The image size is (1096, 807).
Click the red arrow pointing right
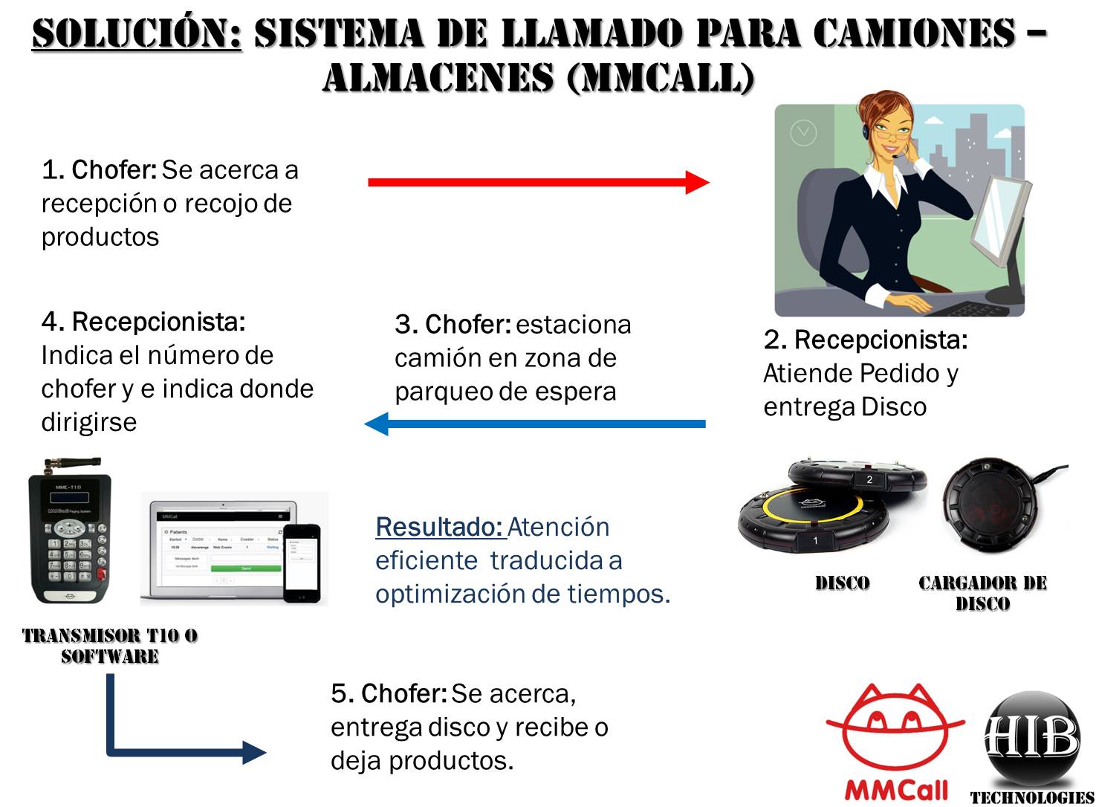tap(539, 182)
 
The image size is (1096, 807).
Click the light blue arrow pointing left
tap(535, 424)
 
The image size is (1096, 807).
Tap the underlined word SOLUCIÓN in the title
tap(137, 33)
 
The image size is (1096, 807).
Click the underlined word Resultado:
tap(440, 527)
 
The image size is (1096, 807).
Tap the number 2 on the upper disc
tap(869, 480)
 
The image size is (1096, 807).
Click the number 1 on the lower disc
tap(815, 540)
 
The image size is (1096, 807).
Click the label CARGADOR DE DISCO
tap(982, 593)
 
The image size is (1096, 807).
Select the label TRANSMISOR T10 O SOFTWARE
tap(110, 646)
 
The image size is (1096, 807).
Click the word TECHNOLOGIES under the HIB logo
tap(1031, 798)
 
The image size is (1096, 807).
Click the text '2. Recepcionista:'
tap(865, 340)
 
